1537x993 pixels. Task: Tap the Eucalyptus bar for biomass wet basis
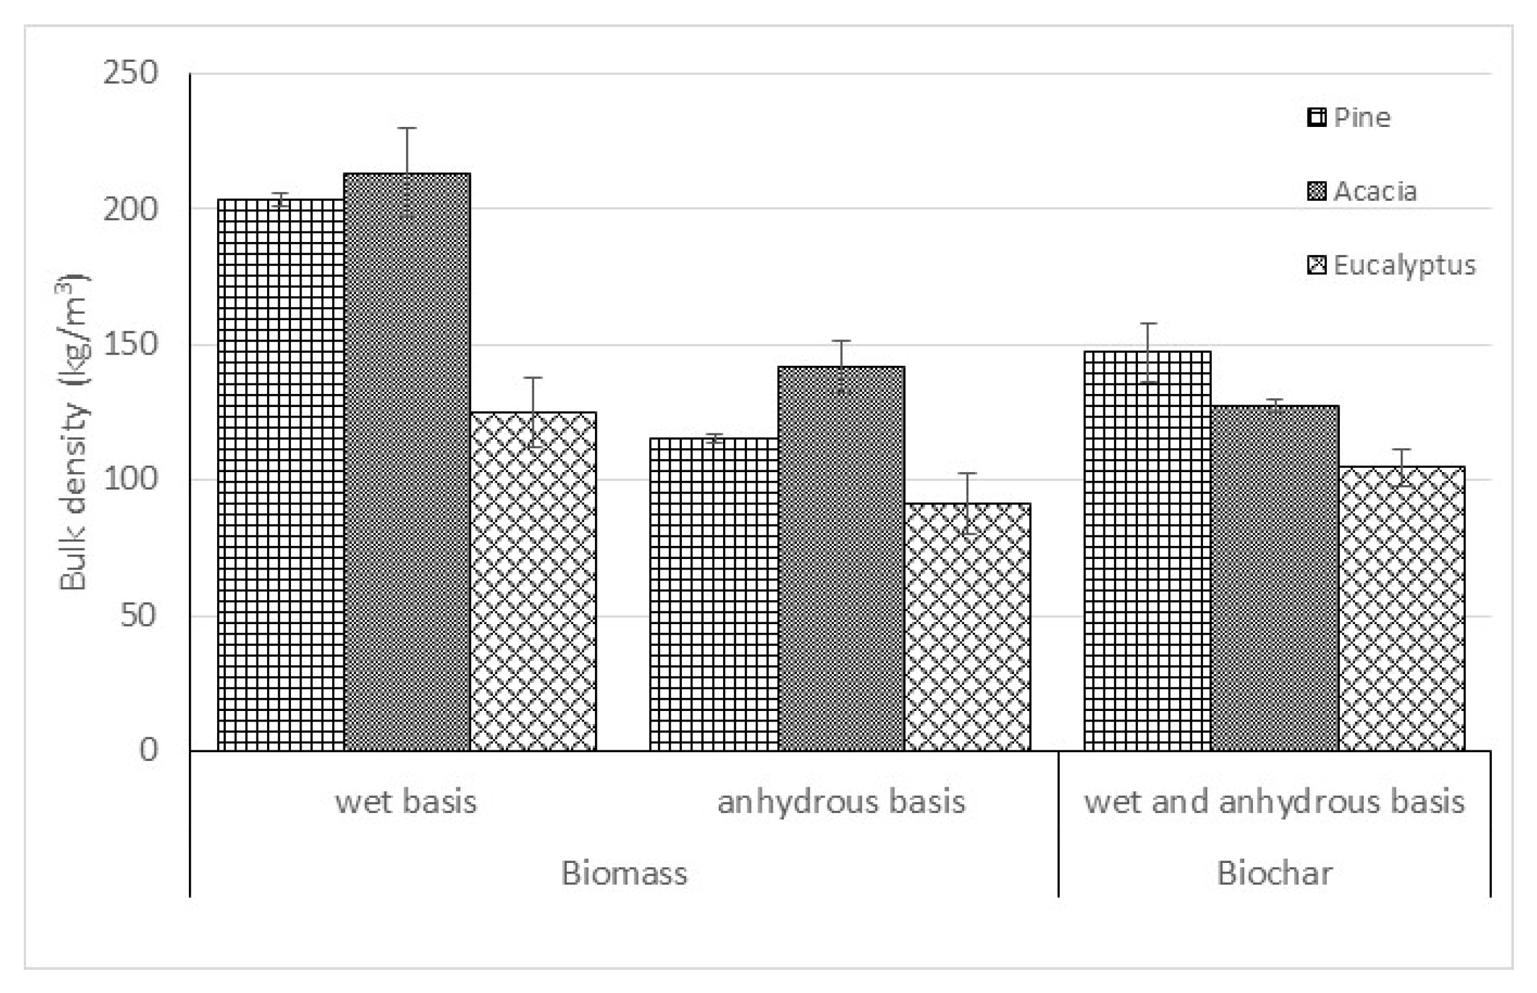[533, 581]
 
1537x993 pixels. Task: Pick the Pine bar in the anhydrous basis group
[713, 594]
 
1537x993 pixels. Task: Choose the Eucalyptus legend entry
[1391, 265]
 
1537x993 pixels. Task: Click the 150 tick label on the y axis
[130, 344]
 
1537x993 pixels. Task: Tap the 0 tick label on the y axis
[148, 750]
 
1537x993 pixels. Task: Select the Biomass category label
[624, 873]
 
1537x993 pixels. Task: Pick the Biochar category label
[1274, 873]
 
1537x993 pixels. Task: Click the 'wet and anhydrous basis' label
[1274, 802]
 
